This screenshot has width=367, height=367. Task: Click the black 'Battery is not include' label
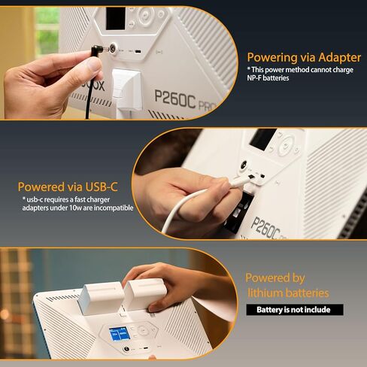pos(295,310)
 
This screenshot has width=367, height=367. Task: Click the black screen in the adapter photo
pos(115,15)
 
